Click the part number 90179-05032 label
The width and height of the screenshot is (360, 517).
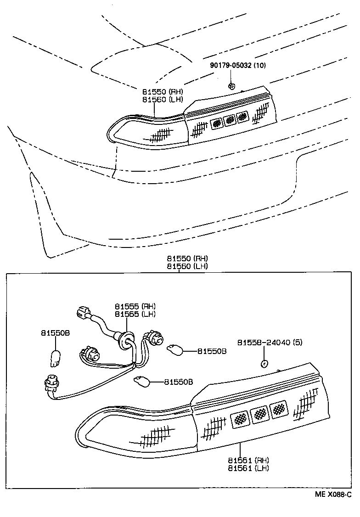(237, 66)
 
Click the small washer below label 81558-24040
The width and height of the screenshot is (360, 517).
(264, 364)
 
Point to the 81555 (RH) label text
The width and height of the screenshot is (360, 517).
(135, 306)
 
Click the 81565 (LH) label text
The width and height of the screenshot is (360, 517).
(135, 314)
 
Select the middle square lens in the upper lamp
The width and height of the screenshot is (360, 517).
(229, 120)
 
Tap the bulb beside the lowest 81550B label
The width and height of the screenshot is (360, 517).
(142, 380)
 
